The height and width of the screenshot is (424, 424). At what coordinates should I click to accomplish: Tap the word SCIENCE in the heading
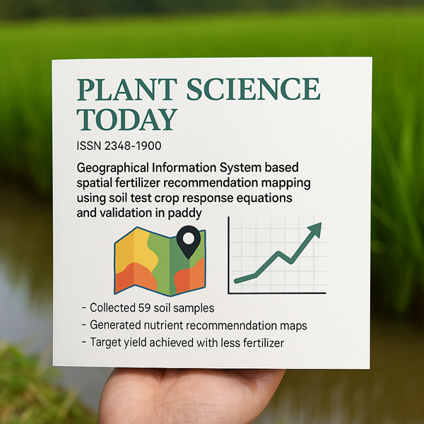tap(254, 89)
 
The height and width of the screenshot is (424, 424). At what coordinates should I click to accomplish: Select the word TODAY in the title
tap(126, 119)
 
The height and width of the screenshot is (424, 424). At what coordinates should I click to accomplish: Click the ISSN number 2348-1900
tap(133, 146)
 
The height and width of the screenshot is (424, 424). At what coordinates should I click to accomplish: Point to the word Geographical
tap(113, 168)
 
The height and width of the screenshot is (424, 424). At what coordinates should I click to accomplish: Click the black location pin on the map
tap(189, 242)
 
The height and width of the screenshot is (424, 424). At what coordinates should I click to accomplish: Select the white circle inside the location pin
tap(189, 238)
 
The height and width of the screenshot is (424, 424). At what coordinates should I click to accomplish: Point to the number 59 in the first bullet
tap(144, 308)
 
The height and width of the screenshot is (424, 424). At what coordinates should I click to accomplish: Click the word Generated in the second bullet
tap(115, 325)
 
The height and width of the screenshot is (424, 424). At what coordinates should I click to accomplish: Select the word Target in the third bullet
tap(105, 342)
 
